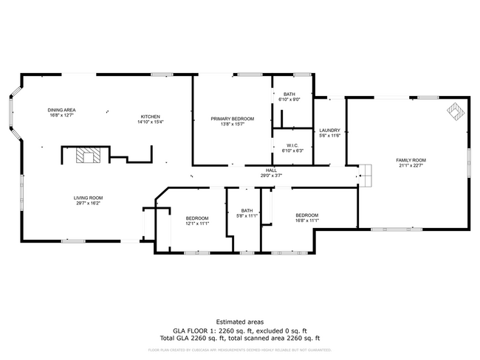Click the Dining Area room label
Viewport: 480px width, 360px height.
click(63, 110)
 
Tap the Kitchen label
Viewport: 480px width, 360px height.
click(151, 117)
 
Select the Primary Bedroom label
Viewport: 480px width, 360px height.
click(232, 119)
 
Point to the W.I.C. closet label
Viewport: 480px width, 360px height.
click(292, 145)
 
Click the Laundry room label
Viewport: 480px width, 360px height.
click(329, 131)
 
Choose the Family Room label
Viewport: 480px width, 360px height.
click(411, 160)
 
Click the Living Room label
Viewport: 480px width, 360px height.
click(87, 198)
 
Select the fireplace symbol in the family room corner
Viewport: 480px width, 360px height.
click(453, 111)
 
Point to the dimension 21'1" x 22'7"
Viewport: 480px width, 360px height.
click(411, 165)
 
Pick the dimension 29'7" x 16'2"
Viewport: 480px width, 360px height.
click(87, 203)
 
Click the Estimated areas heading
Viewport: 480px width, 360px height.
click(240, 322)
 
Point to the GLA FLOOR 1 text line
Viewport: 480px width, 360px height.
click(240, 330)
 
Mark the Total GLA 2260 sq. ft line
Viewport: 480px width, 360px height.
click(240, 337)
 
